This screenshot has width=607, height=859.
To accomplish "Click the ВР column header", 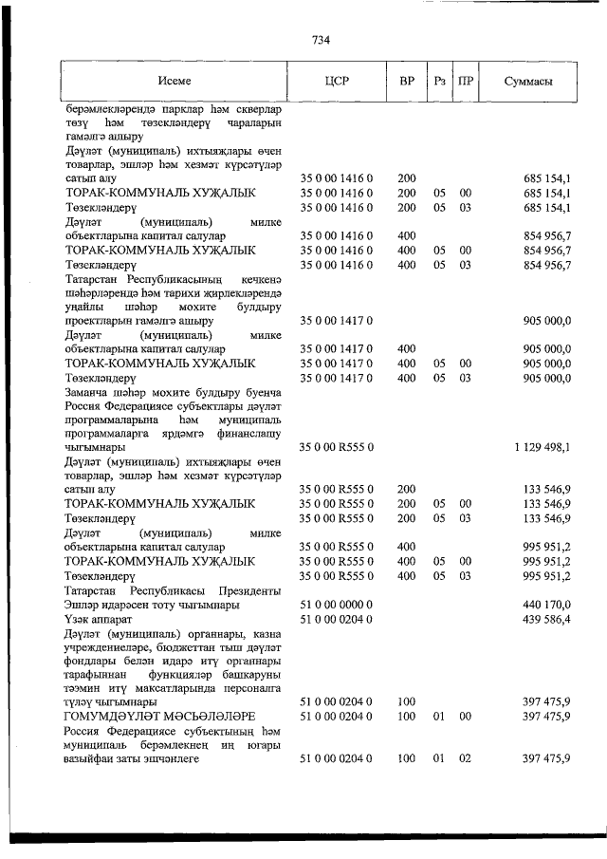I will [407, 82].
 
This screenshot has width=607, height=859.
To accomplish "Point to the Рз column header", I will [439, 82].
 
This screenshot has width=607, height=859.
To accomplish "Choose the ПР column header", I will [465, 82].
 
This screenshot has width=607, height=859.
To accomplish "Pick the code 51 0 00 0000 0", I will [338, 604].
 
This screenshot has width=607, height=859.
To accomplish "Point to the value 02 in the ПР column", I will [465, 759].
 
